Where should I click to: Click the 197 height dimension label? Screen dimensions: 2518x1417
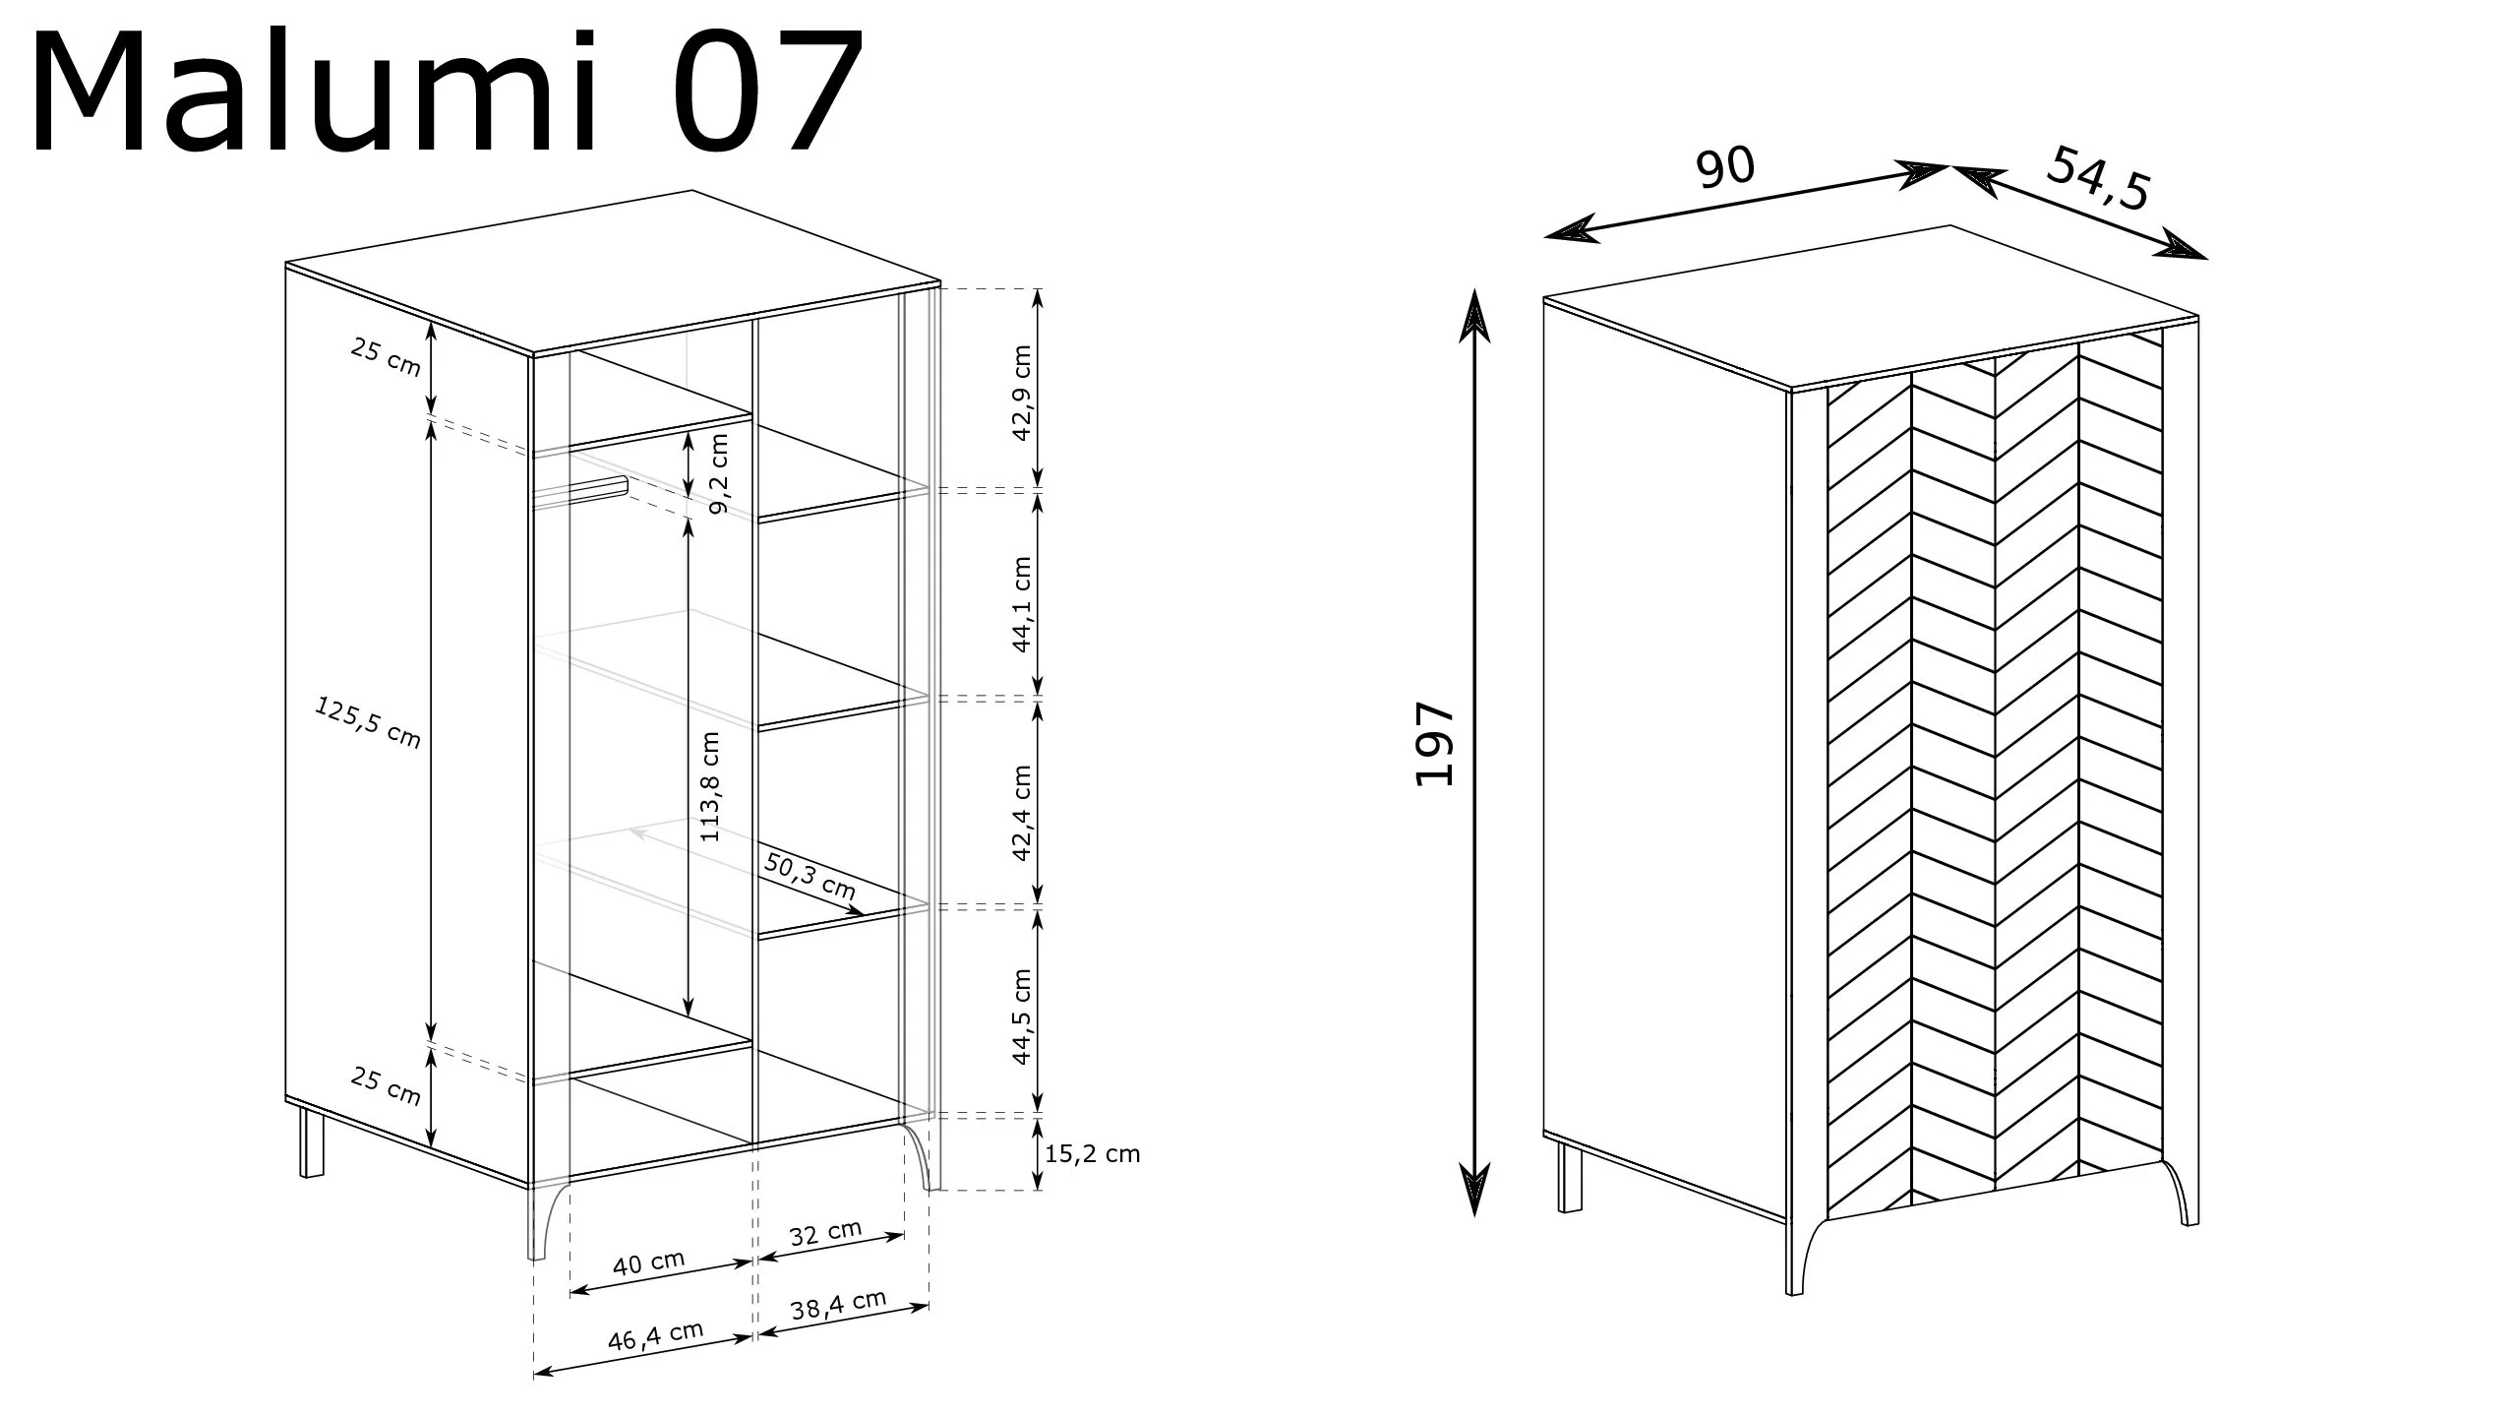1434,744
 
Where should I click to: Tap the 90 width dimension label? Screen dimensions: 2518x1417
1724,166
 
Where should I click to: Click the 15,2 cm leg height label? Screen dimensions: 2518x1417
1092,1153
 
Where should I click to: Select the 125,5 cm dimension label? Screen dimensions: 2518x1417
368,721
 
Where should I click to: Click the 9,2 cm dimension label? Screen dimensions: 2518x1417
719,473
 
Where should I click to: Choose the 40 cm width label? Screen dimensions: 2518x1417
648,1263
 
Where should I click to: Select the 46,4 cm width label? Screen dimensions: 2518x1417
656,1335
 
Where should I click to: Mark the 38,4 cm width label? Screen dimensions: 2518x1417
838,1306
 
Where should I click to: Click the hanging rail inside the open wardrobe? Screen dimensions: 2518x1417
580,493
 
